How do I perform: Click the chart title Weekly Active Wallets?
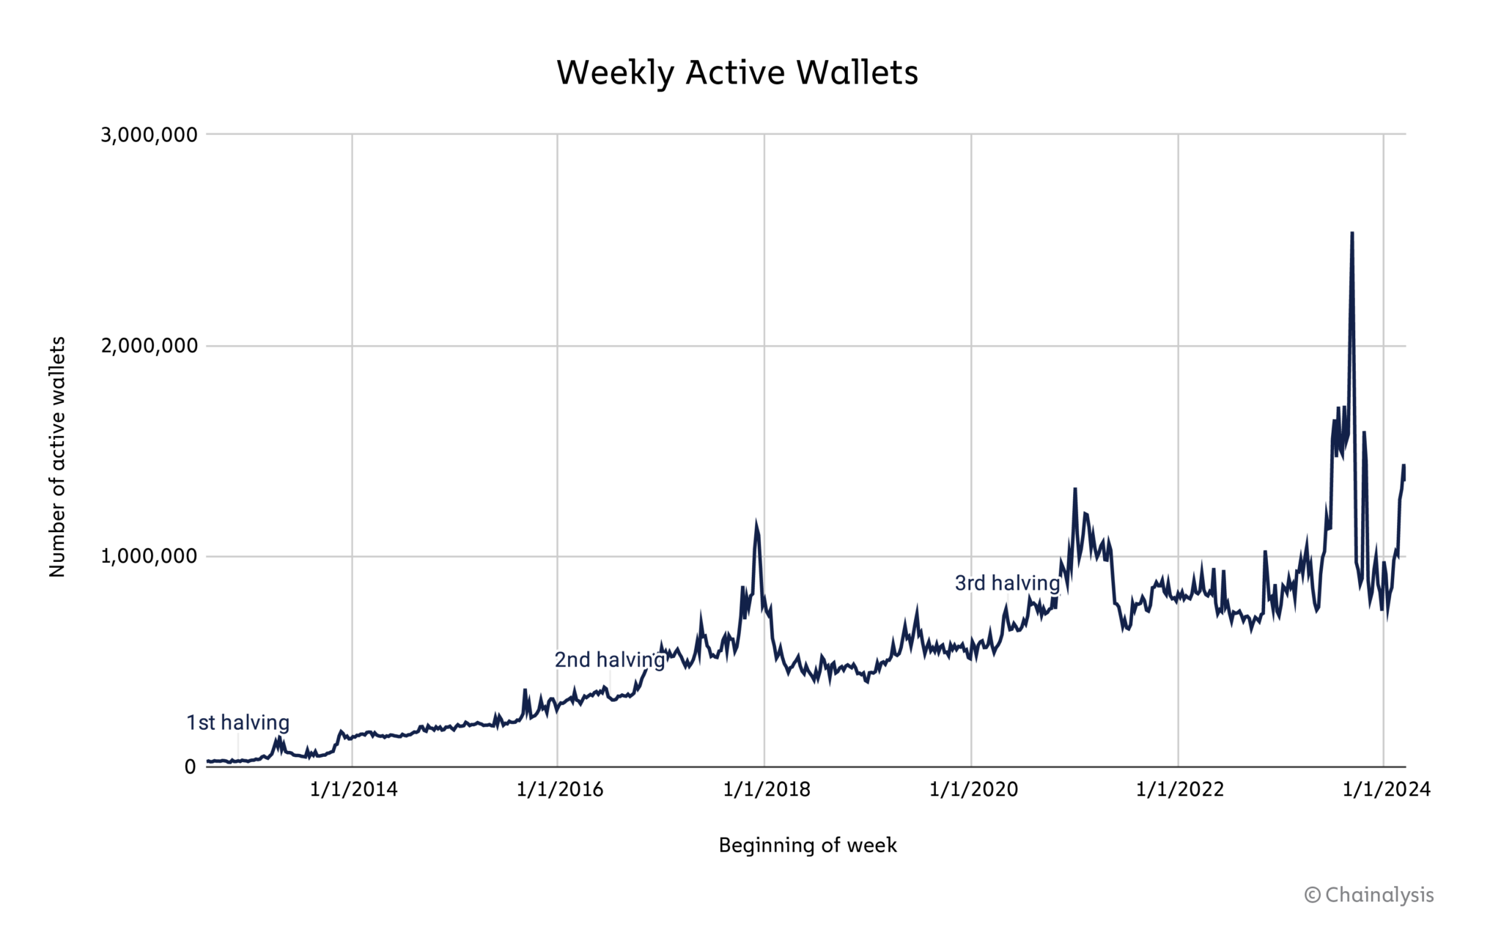pyautogui.click(x=737, y=73)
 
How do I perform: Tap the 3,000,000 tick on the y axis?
pyautogui.click(x=149, y=135)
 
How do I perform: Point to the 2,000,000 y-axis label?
pyautogui.click(x=149, y=346)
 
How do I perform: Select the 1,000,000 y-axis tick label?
pyautogui.click(x=149, y=556)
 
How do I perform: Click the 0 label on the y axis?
pyautogui.click(x=190, y=767)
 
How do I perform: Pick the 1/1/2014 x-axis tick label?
pyautogui.click(x=353, y=790)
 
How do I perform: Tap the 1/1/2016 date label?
pyautogui.click(x=559, y=790)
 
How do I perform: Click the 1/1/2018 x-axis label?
pyautogui.click(x=767, y=790)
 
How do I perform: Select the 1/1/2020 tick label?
pyautogui.click(x=973, y=790)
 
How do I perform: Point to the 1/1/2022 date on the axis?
pyautogui.click(x=1180, y=790)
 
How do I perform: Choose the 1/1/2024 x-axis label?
pyautogui.click(x=1386, y=790)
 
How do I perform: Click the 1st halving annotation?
pyautogui.click(x=237, y=722)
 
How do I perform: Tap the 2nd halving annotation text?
pyautogui.click(x=609, y=659)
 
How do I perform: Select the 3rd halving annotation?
pyautogui.click(x=1007, y=583)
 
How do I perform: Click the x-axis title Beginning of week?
pyautogui.click(x=807, y=846)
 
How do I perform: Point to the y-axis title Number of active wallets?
pyautogui.click(x=57, y=457)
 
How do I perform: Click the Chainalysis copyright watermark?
pyautogui.click(x=1368, y=895)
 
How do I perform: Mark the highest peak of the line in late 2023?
pyautogui.click(x=1351, y=234)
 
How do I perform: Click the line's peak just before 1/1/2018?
pyautogui.click(x=756, y=523)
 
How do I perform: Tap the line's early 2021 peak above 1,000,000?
pyautogui.click(x=1074, y=489)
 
